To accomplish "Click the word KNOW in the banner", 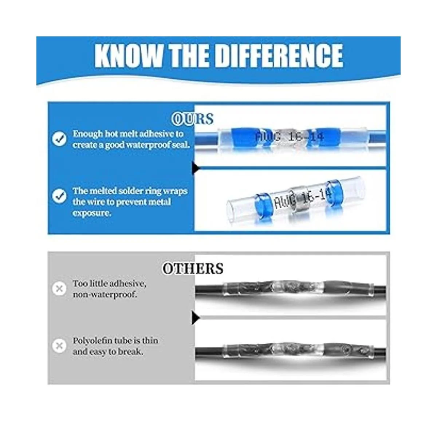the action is click(129, 56).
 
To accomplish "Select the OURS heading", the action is click(193, 119).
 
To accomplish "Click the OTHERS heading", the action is click(193, 268).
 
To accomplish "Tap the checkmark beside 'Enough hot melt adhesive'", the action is click(59, 138).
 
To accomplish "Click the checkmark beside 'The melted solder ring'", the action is click(59, 196).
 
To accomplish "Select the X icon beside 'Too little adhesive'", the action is click(59, 289).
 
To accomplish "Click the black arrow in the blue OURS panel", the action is click(196, 168).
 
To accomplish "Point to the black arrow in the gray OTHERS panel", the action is click(196, 318).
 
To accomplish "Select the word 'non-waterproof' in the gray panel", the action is click(105, 295).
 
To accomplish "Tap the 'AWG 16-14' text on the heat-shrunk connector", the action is click(290, 137).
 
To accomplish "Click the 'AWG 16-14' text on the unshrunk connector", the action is click(303, 198).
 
